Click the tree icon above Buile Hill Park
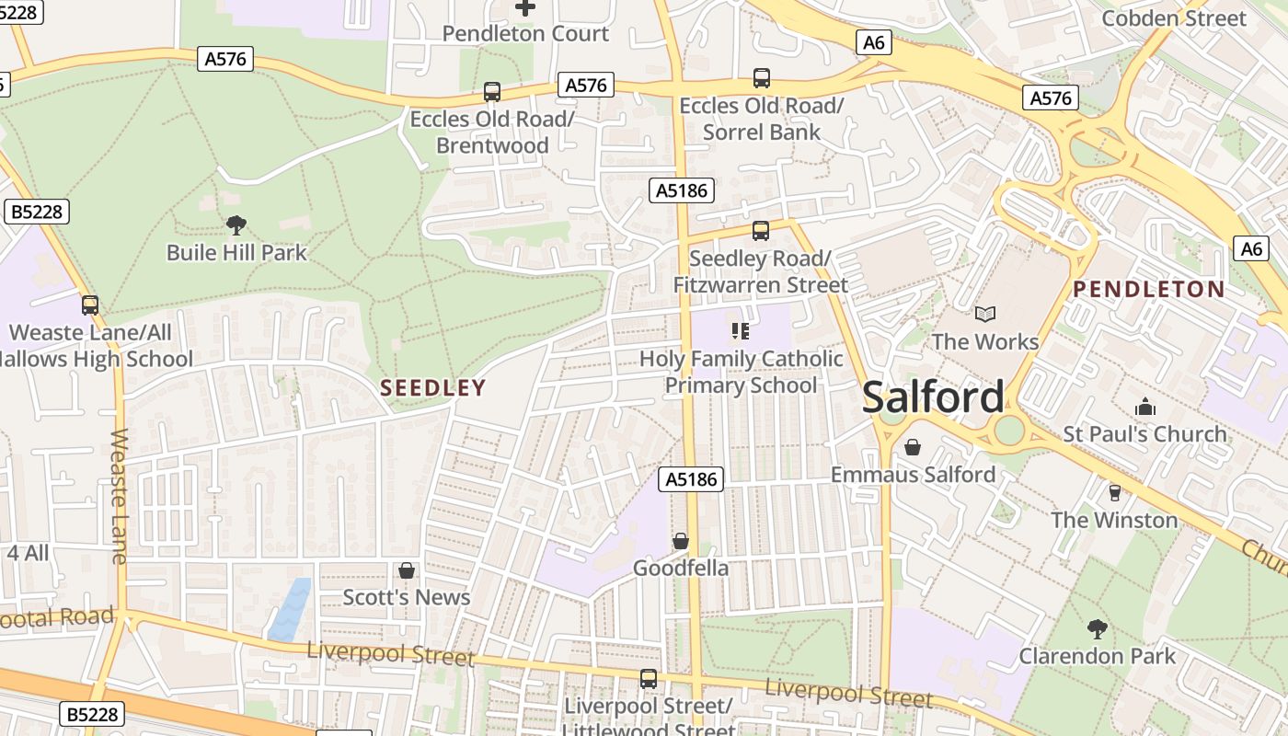[236, 224]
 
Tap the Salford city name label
[933, 397]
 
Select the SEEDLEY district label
[432, 388]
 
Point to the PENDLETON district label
[1149, 290]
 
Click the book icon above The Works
[985, 315]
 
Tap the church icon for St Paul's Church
[1144, 407]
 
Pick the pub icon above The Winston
[1114, 493]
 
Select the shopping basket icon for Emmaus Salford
[913, 447]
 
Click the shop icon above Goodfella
[681, 541]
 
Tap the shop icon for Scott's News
[406, 570]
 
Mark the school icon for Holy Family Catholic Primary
[741, 331]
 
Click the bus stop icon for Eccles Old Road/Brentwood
[492, 92]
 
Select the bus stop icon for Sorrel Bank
[762, 78]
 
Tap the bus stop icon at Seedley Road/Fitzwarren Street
[760, 231]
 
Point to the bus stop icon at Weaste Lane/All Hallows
[90, 305]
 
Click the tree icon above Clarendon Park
[1097, 629]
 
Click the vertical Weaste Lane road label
[120, 496]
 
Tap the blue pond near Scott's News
[291, 609]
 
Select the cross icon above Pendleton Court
[525, 7]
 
